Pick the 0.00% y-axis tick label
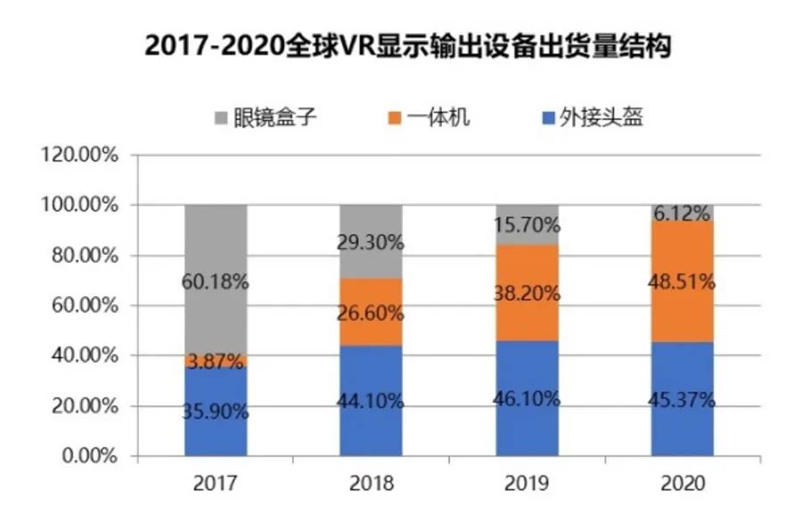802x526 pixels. point(88,456)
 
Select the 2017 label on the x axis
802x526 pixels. point(215,484)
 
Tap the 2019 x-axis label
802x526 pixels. point(527,484)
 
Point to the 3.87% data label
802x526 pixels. point(215,361)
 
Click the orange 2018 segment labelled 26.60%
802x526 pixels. point(371,312)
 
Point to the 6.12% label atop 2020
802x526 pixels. point(682,213)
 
